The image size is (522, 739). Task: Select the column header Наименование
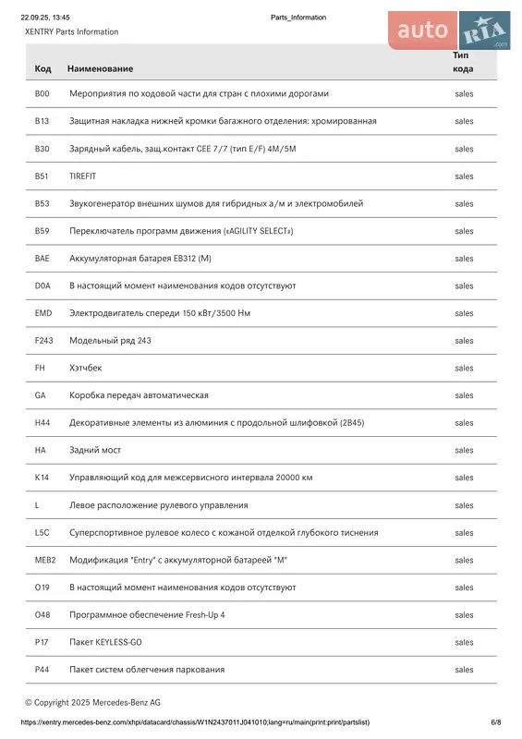(100, 69)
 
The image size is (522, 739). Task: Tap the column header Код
(42, 69)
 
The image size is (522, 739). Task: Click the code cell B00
(42, 93)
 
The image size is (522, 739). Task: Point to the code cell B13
(42, 121)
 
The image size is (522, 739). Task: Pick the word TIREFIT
(82, 176)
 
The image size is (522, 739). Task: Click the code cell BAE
(42, 259)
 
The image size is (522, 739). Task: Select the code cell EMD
(42, 313)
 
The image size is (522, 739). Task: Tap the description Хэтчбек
(85, 368)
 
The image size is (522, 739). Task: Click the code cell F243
(43, 341)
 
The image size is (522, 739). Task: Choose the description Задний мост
(95, 450)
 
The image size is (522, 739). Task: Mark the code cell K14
(42, 478)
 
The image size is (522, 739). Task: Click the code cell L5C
(42, 532)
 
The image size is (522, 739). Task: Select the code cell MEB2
(44, 560)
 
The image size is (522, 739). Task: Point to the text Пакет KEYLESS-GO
(105, 642)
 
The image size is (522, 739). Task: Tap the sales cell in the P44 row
(464, 670)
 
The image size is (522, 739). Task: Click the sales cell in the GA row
(464, 395)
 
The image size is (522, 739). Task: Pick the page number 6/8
(495, 722)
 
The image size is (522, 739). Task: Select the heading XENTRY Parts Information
(71, 32)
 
